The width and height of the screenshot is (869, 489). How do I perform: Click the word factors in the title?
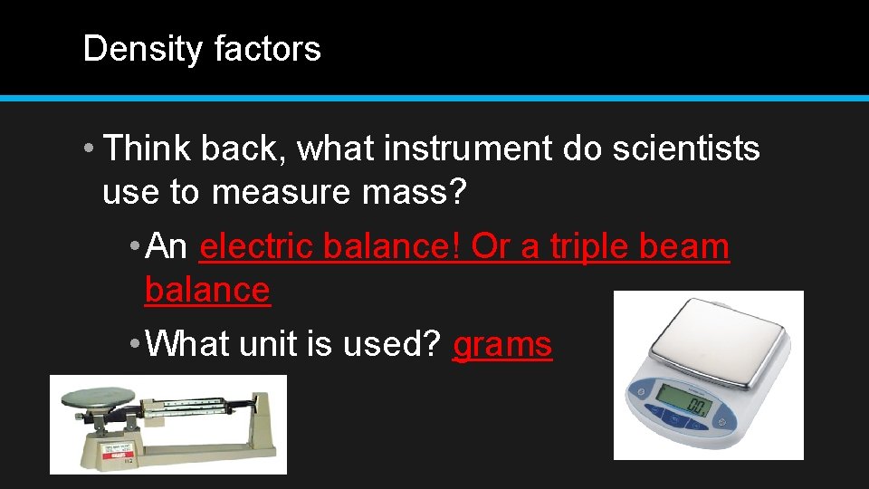point(267,49)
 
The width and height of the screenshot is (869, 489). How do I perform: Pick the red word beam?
point(692,246)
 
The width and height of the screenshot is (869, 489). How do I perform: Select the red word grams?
point(502,345)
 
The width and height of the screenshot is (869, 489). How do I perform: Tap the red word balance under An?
point(207,291)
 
